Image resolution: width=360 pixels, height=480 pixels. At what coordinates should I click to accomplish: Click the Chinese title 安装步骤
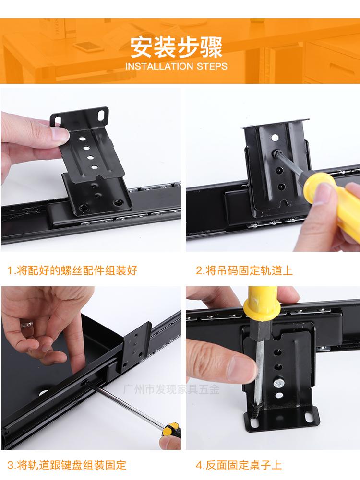pos(176,48)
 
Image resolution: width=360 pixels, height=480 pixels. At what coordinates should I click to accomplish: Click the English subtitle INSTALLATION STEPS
pos(176,66)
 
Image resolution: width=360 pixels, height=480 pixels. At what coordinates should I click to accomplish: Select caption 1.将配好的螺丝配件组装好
pos(72,270)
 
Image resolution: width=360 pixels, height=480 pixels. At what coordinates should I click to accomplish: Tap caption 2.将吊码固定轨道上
pos(244,270)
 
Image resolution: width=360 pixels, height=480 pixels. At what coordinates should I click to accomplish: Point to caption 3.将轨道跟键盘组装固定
pos(67,465)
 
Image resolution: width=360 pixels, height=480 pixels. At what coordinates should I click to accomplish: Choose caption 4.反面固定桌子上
pos(239,465)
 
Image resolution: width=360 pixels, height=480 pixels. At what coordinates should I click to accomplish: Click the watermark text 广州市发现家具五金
pos(171,389)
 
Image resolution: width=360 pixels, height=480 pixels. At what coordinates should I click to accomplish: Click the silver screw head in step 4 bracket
pos(279,382)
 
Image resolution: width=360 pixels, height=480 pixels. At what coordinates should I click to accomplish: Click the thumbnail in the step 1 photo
pos(60,134)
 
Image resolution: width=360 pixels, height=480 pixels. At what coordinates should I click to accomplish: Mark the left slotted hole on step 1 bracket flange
pos(57,121)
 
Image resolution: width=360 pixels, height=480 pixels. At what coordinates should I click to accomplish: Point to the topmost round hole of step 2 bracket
pos(275,138)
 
